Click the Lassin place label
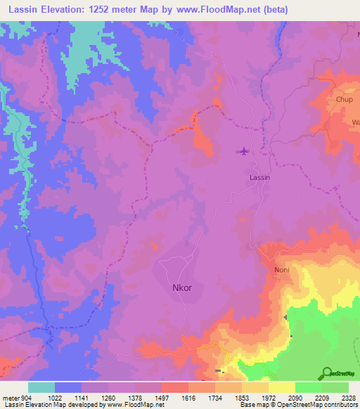260,178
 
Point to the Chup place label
343,100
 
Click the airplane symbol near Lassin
244,150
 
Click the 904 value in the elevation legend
26,398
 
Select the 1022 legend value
55,398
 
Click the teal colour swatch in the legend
41,387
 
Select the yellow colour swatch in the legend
281,387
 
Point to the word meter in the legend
9,398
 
